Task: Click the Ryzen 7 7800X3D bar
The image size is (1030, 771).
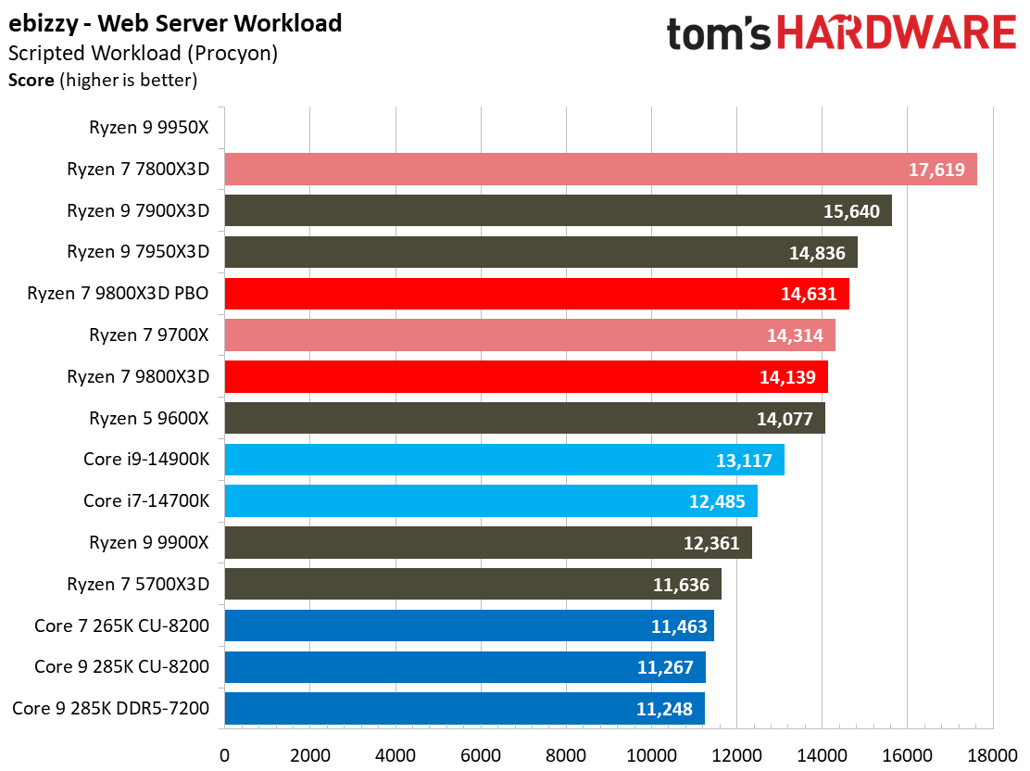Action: (x=600, y=170)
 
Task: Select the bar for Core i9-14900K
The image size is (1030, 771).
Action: (x=504, y=460)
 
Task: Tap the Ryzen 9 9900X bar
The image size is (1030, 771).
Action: (x=487, y=543)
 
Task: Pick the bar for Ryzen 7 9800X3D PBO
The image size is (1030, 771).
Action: (x=536, y=294)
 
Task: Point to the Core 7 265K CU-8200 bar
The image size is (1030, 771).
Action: (x=469, y=626)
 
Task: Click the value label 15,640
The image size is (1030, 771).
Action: (x=851, y=211)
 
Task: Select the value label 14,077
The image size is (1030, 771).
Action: (x=785, y=419)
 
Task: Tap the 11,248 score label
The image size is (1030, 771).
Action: (x=664, y=709)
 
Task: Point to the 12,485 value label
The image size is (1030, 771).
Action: (x=717, y=501)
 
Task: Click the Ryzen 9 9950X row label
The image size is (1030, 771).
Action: (x=149, y=128)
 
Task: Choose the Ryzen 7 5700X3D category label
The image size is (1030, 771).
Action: (x=138, y=584)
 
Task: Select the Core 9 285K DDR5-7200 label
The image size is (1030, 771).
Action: (x=111, y=709)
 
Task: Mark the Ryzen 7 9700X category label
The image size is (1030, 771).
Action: (x=149, y=335)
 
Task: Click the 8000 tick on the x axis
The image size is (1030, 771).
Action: (x=566, y=755)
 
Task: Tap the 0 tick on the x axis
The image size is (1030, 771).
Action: (x=224, y=755)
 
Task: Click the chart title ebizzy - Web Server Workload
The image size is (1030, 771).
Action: (x=175, y=23)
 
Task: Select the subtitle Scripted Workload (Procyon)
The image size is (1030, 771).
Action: (x=143, y=54)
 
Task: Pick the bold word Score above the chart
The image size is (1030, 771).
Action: (x=31, y=81)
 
